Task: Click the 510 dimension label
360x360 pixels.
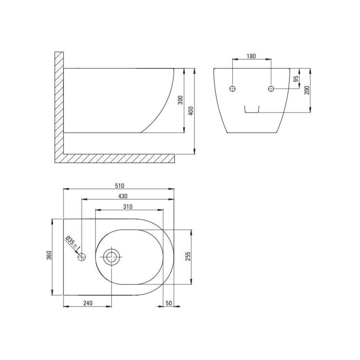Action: tap(119, 185)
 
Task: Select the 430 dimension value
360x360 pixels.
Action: tap(122, 196)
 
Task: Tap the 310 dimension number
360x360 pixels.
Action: tap(128, 207)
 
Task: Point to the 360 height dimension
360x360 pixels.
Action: tap(49, 255)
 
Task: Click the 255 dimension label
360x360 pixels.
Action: tap(188, 256)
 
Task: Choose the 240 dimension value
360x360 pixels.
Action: tap(88, 303)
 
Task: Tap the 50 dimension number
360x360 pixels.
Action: tap(169, 303)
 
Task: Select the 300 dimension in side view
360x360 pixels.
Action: tap(180, 100)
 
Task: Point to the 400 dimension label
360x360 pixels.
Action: tap(191, 111)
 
